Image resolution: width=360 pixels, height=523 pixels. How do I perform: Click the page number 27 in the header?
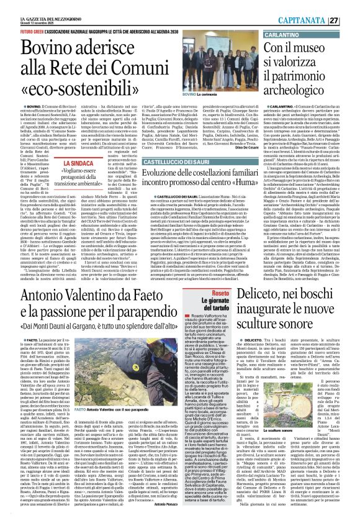coord(349,19)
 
